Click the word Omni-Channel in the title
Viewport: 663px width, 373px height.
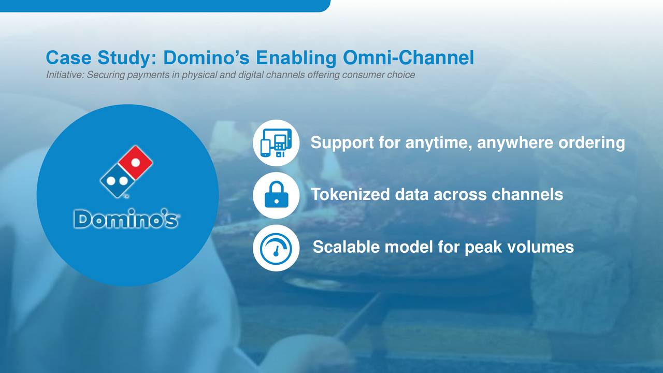point(409,58)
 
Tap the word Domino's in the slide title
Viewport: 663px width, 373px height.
point(206,58)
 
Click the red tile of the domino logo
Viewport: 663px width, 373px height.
point(136,162)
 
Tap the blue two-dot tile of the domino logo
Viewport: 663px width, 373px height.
point(118,181)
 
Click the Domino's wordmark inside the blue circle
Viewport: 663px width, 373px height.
point(126,219)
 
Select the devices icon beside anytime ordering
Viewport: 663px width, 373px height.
point(276,142)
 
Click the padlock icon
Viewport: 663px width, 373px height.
point(276,194)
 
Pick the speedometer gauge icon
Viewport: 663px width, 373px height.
point(276,248)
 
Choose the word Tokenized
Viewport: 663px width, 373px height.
point(350,194)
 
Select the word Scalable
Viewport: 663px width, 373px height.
point(347,247)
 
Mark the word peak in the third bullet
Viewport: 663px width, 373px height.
point(483,248)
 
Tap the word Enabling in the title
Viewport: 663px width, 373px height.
point(296,58)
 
